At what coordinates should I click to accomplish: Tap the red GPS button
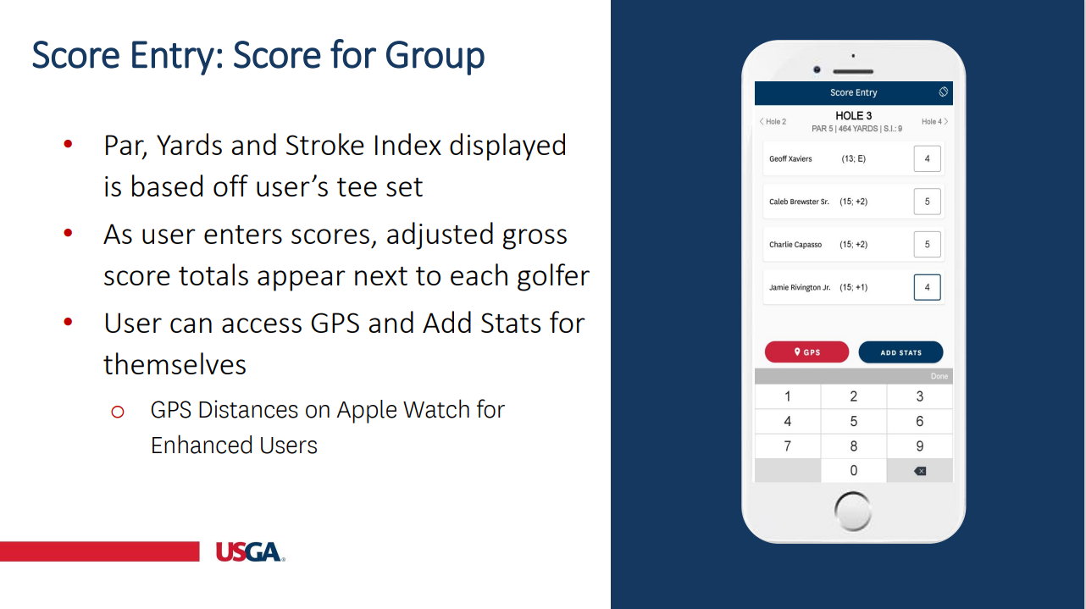pos(806,352)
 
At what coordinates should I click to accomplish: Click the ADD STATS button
pos(900,352)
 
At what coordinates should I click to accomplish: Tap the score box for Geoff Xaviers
pos(927,158)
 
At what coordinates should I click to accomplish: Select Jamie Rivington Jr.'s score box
pos(927,287)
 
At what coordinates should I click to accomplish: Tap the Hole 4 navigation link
pos(934,121)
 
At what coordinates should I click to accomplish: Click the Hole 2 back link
pos(773,121)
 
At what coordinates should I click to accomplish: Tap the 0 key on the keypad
pos(854,470)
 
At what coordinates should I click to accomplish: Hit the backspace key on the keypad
pos(920,471)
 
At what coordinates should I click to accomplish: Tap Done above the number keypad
pos(939,376)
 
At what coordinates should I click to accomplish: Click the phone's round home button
pos(853,511)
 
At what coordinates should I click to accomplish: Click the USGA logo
pos(250,551)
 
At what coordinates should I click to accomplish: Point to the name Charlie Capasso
pos(795,245)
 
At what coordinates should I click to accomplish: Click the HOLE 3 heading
pos(853,115)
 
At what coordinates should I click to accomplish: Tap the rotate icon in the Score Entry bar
pos(943,91)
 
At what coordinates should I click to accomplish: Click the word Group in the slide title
pos(435,56)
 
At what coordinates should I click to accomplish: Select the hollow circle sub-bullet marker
pos(118,412)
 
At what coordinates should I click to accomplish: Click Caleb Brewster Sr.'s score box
pos(927,202)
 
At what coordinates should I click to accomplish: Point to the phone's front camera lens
pos(817,69)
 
